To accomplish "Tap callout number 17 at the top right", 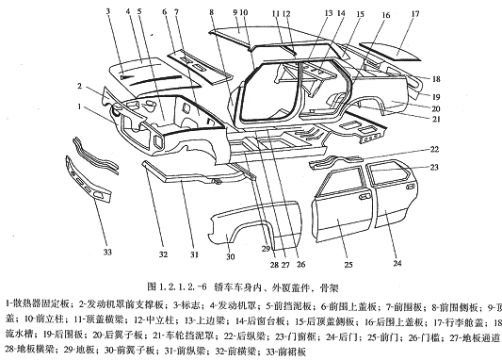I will pyautogui.click(x=441, y=15).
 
